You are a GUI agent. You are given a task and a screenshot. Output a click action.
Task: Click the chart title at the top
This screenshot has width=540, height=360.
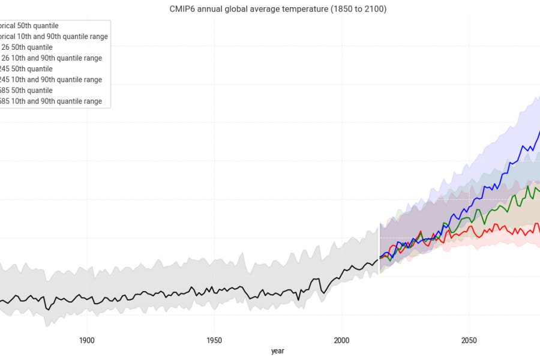point(278,10)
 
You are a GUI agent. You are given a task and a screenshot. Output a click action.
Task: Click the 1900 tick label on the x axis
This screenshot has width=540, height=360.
point(87,340)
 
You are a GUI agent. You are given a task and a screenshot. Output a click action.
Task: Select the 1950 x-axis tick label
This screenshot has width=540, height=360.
point(214,340)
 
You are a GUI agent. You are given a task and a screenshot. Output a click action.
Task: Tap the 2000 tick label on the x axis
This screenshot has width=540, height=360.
point(341,340)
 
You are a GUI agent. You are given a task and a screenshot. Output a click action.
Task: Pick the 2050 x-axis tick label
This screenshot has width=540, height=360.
point(469,340)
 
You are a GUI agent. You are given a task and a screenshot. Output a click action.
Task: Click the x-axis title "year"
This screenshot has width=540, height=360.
point(277,351)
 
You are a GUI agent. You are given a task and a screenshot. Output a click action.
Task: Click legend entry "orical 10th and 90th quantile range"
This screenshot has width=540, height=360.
point(54,37)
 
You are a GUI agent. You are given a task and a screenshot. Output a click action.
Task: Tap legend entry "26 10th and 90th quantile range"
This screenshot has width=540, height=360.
point(51,58)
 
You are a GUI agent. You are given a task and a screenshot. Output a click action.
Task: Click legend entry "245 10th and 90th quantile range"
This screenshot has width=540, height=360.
point(51,80)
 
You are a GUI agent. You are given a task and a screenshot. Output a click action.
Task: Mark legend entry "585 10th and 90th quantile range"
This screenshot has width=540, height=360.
point(51,101)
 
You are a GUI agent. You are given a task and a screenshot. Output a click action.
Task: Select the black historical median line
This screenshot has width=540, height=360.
point(180,293)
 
